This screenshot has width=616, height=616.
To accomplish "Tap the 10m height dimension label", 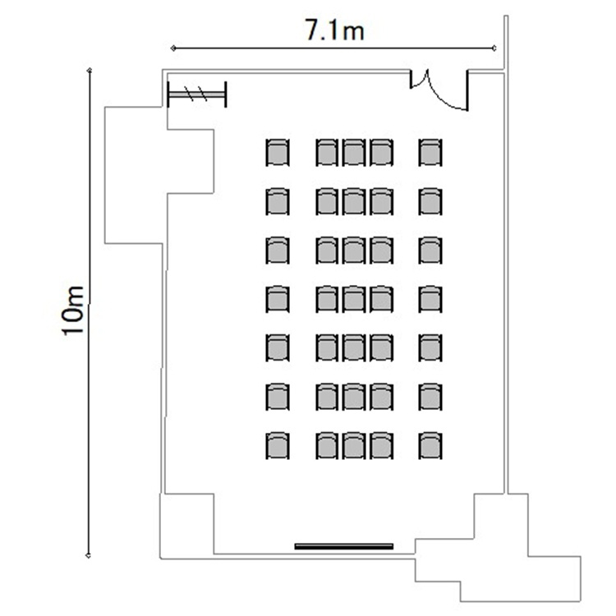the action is tap(73, 310).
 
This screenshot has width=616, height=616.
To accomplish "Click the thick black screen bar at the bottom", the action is tap(344, 546).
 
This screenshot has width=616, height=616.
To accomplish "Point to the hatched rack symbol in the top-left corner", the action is tap(197, 94).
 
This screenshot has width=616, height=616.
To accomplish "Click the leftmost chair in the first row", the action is tap(278, 152).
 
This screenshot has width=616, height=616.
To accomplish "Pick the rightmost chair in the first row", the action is tap(430, 152).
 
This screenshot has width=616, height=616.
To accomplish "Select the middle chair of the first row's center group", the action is tap(354, 152).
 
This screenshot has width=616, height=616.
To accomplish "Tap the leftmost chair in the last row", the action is tap(278, 445).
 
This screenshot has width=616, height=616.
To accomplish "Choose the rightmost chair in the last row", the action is tap(430, 445).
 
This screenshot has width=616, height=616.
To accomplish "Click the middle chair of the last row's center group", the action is tap(354, 445).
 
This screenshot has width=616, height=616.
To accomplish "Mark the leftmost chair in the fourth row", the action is tap(278, 299).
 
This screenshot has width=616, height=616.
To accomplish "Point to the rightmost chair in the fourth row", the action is tap(430, 299).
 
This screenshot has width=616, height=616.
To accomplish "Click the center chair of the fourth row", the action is tap(354, 299).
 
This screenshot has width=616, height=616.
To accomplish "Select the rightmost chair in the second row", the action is tap(430, 201).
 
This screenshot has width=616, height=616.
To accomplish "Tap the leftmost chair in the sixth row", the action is tap(278, 397).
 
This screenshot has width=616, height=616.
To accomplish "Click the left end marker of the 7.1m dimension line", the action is tap(173, 48).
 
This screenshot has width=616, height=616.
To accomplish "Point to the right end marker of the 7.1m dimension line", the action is tap(494, 48).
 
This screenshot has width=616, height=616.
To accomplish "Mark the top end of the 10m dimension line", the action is tap(90, 71).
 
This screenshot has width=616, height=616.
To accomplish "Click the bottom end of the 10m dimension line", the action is tap(89, 555).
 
